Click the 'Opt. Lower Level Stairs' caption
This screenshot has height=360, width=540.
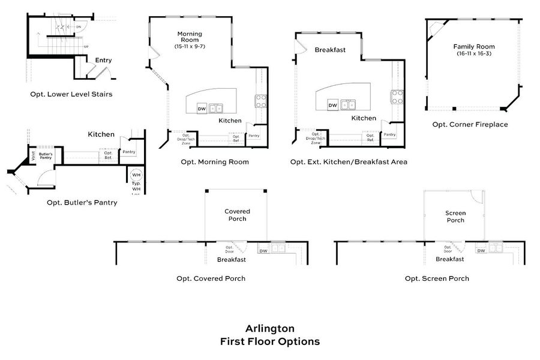coord(71,94)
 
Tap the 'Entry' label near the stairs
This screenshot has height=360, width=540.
coord(103,60)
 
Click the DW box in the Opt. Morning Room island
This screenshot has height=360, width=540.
coord(202,109)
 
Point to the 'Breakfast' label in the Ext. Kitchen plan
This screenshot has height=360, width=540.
coord(330,50)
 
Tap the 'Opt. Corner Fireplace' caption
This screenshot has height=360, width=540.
coord(470,125)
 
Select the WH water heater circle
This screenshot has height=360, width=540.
coord(136,176)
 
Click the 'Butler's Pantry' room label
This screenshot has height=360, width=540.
coord(46,156)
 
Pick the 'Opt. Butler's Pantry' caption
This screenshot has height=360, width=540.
coord(82,203)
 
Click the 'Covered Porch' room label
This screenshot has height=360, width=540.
coord(237,215)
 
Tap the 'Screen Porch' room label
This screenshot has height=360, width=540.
coord(455,217)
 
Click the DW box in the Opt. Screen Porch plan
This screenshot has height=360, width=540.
coord(481,250)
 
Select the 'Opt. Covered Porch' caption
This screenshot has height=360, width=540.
coord(211,278)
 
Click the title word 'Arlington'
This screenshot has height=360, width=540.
coord(270,329)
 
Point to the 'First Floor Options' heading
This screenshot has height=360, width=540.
coord(270,342)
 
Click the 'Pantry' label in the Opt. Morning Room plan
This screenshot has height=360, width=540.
coord(254,136)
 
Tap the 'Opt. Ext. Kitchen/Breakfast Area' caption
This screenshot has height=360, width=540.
coord(349,162)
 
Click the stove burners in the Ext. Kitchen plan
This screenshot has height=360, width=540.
coord(398,97)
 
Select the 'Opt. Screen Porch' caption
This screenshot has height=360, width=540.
coord(437,278)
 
